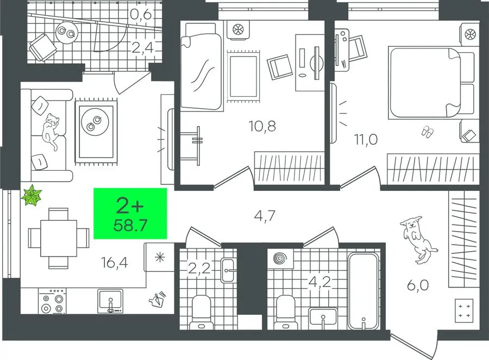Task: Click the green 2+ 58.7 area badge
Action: click(130, 213)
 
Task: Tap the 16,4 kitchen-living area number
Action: click(115, 263)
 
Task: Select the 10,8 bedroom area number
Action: click(262, 126)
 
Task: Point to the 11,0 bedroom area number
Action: click(366, 139)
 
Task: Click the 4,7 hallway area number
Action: click(265, 216)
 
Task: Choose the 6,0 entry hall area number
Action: click(418, 285)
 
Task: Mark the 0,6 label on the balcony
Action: click(141, 14)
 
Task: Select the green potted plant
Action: click(32, 195)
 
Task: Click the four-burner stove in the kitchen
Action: click(52, 301)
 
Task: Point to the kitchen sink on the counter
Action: click(110, 301)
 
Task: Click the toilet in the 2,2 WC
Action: click(201, 312)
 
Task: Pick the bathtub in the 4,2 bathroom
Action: click(363, 291)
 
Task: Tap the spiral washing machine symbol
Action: click(280, 259)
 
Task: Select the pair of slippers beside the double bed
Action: click(427, 131)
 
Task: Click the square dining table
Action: click(58, 238)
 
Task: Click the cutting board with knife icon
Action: click(158, 299)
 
